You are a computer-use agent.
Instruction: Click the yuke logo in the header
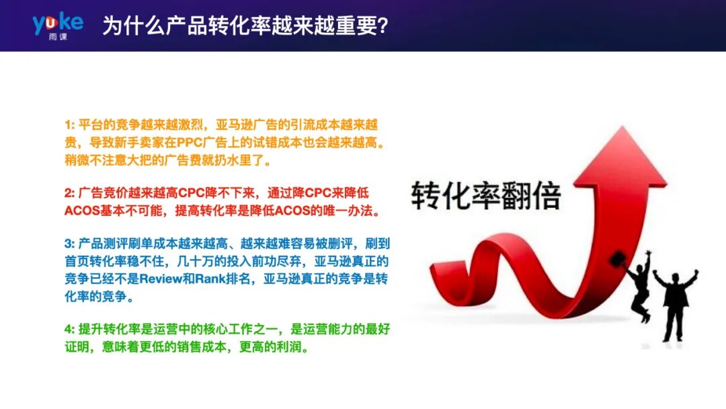click(x=58, y=22)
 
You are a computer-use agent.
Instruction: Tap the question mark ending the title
click(x=382, y=26)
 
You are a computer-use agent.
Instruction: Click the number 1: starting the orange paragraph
click(x=70, y=125)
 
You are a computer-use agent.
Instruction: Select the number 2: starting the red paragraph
click(x=70, y=193)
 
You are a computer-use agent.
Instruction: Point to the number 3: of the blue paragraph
click(x=70, y=243)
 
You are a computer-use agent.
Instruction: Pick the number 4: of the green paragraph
click(x=70, y=330)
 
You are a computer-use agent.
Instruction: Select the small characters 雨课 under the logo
click(x=58, y=36)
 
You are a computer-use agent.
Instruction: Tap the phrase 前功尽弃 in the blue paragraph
click(x=263, y=260)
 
